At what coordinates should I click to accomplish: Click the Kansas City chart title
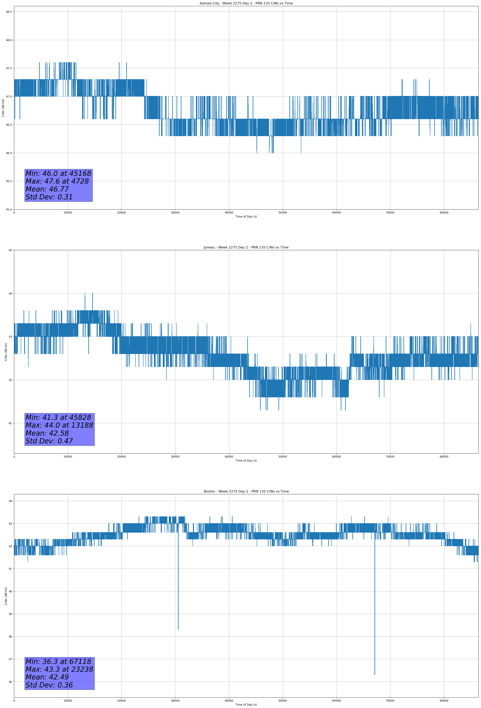point(246,3)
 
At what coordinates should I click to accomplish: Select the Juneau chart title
point(246,247)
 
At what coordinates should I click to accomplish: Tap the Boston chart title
point(246,491)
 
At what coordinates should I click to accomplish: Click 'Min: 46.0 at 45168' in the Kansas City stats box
point(58,173)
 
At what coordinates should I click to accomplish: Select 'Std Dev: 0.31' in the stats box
point(49,197)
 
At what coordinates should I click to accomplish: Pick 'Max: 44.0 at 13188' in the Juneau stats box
point(59,425)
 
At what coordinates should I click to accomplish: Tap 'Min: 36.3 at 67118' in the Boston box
point(58,661)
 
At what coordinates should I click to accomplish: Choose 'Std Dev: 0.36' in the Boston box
point(49,685)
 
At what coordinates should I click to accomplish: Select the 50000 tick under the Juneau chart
point(283,457)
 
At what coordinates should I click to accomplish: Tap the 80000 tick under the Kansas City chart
point(444,213)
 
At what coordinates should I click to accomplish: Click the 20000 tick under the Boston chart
point(121,701)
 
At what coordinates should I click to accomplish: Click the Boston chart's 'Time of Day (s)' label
point(246,705)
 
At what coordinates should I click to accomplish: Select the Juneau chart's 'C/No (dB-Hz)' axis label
point(6,352)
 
